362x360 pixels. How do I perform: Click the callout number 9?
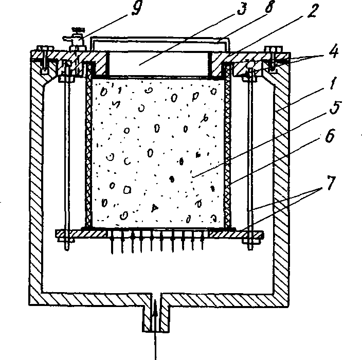click(x=137, y=8)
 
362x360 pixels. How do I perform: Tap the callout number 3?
click(x=242, y=9)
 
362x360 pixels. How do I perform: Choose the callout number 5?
click(x=335, y=107)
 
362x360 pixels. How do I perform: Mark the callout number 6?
click(x=330, y=136)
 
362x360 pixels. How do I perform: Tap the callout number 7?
click(x=331, y=183)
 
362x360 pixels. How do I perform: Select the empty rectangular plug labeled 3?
click(x=158, y=64)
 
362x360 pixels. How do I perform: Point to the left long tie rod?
click(x=67, y=157)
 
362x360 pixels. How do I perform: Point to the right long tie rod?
click(x=250, y=157)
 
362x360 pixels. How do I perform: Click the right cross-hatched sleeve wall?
click(x=227, y=146)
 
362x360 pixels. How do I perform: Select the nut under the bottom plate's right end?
click(x=251, y=240)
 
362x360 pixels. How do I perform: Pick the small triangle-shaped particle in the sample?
click(x=155, y=208)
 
